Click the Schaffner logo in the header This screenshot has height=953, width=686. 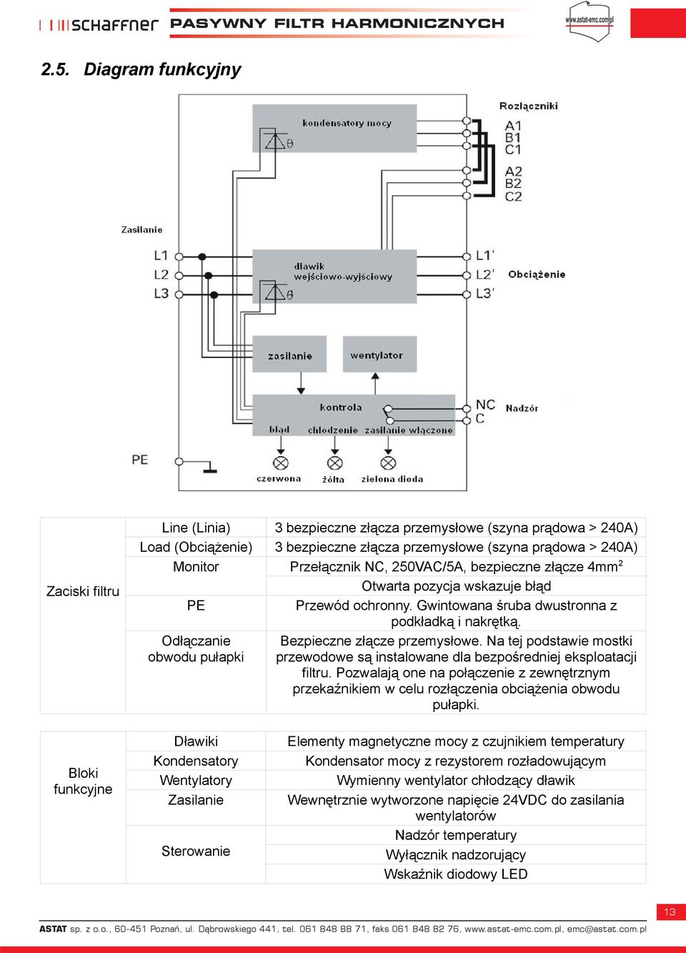(99, 25)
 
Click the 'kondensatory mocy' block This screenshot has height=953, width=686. (334, 128)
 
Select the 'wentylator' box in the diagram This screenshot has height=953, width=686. (379, 354)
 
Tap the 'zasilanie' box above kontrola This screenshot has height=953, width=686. (289, 354)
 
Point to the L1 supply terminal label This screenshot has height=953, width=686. (161, 256)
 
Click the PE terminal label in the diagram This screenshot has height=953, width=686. (140, 460)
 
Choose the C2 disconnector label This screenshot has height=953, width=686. (513, 197)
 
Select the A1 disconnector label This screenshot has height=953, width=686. (513, 126)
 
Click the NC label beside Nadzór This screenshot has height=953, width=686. (485, 405)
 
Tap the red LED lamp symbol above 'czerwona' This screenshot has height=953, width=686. (280, 463)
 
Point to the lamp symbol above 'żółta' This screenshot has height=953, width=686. (334, 463)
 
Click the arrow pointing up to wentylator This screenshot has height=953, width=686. (375, 383)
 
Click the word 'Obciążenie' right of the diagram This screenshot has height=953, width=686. (537, 275)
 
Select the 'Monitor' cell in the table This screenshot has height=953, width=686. (196, 567)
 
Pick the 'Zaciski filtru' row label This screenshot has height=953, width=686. (83, 591)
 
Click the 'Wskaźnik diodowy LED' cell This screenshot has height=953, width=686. (455, 874)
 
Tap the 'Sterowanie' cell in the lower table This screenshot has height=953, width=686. (196, 851)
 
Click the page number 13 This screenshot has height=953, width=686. (670, 912)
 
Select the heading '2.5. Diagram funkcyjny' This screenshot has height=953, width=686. (141, 69)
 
